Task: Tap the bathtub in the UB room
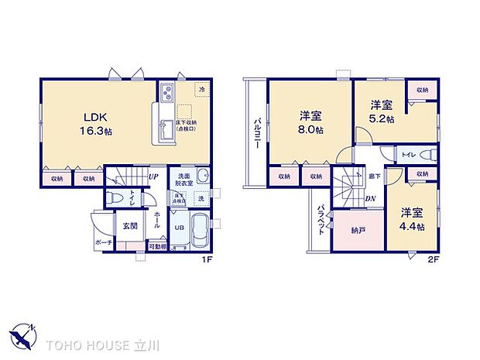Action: coord(197,232)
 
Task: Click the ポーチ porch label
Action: coord(105,242)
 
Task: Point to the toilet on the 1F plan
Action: coord(115,197)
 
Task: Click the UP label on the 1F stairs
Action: coord(155,177)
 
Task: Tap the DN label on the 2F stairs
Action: coord(371,198)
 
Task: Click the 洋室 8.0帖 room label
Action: coord(311,122)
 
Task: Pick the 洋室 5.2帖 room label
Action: coord(380,112)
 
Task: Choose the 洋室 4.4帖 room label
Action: coord(412,218)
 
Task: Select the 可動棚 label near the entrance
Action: coord(158,247)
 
